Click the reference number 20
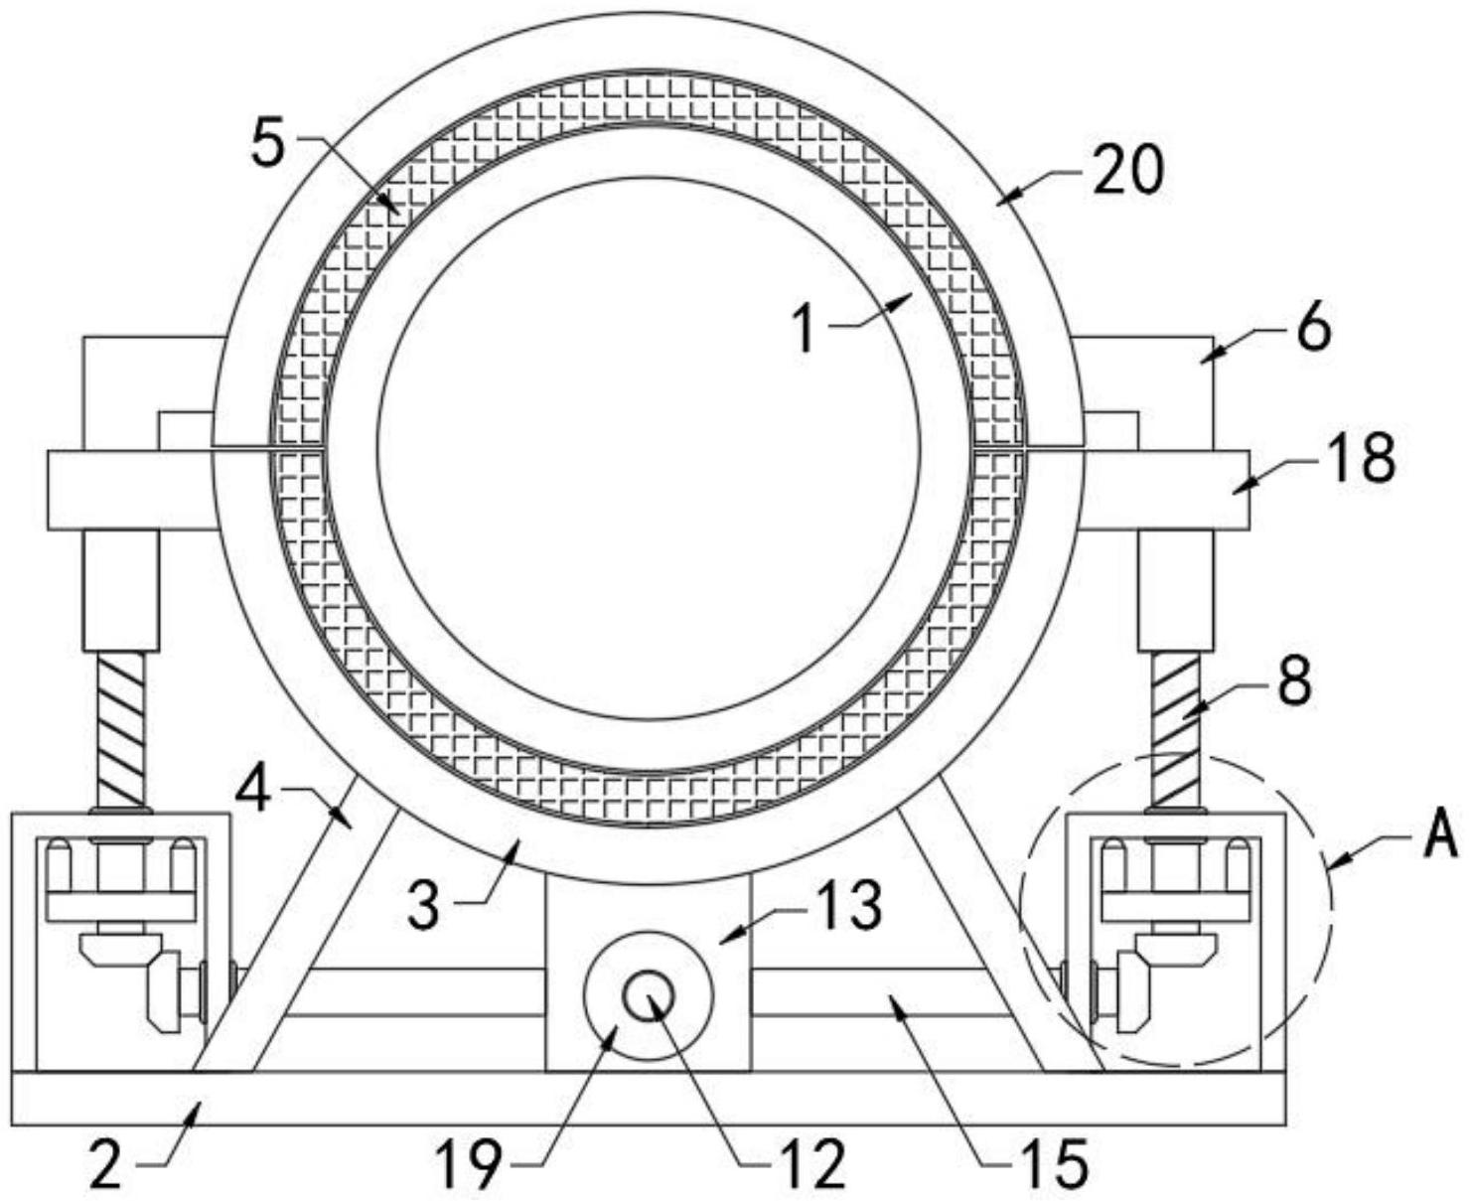pyautogui.click(x=1127, y=170)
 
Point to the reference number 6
pyautogui.click(x=1313, y=330)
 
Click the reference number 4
pyautogui.click(x=253, y=791)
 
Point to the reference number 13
pyautogui.click(x=848, y=905)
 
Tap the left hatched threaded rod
pyautogui.click(x=124, y=730)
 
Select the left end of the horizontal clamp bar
pyautogui.click(x=50, y=490)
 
